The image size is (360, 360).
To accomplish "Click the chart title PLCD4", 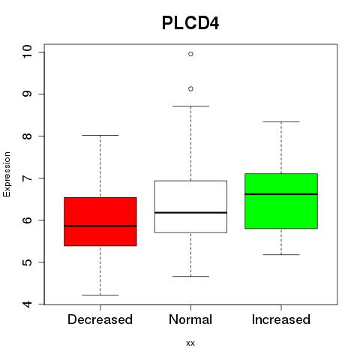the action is (x=190, y=23).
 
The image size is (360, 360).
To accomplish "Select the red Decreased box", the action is (x=100, y=221).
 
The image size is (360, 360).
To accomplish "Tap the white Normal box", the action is (x=190, y=206).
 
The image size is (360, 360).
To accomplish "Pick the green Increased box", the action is (x=281, y=201).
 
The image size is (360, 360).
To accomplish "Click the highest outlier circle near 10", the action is (x=190, y=54).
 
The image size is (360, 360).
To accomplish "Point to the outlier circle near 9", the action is (x=190, y=88).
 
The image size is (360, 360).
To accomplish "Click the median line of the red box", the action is (x=100, y=226).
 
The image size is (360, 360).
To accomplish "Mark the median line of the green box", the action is (x=281, y=194).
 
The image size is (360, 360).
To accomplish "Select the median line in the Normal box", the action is (x=190, y=212).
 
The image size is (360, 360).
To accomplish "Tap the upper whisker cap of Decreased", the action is (x=100, y=135).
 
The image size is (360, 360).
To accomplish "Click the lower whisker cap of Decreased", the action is (x=100, y=295).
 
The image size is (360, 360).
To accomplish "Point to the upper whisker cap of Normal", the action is (x=190, y=106).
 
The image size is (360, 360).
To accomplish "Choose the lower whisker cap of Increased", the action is (x=281, y=254).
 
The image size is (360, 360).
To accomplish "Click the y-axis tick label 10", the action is (x=27, y=52).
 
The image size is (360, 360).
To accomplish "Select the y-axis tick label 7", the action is (x=27, y=178).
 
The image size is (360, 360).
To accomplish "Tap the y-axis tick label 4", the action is (x=27, y=304).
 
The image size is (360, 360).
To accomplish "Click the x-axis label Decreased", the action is (x=100, y=319).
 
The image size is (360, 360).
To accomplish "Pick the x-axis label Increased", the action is (x=281, y=319).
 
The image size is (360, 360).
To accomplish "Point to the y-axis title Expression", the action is (x=7, y=174).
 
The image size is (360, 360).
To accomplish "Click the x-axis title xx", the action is (x=190, y=343).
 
